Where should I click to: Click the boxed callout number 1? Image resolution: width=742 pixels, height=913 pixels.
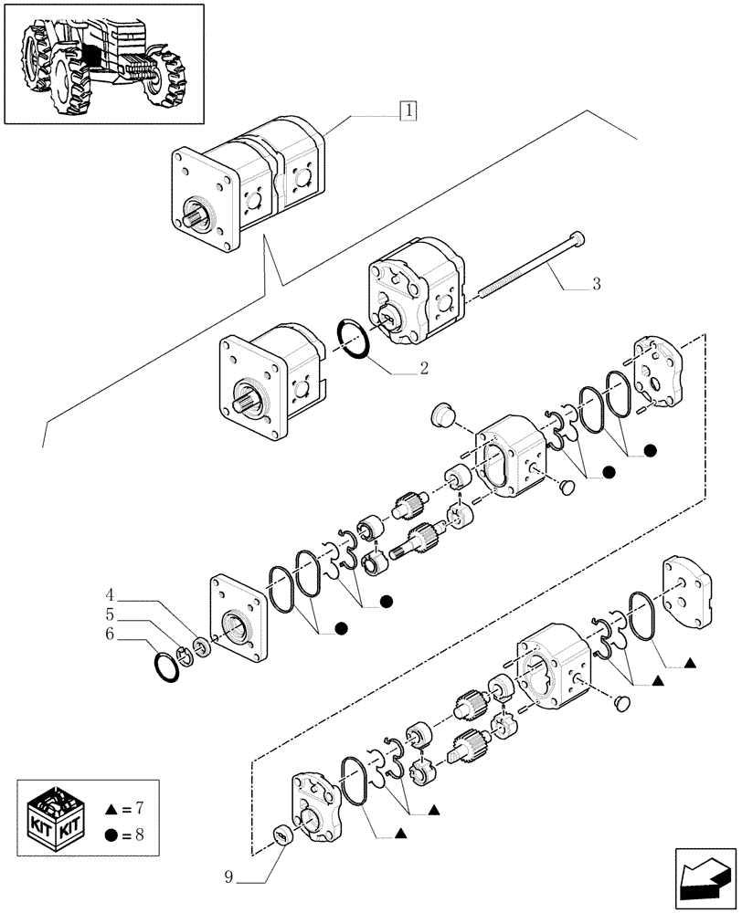[408, 111]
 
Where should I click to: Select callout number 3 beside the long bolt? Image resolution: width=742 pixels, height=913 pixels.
[595, 285]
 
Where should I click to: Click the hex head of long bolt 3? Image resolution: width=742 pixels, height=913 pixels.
[578, 239]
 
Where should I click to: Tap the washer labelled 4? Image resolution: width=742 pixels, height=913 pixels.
[200, 645]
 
